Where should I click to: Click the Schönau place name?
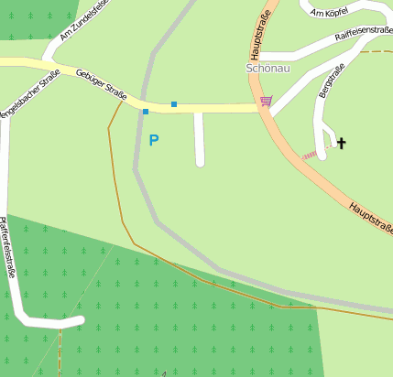click(267, 68)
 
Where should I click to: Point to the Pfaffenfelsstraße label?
click(8, 248)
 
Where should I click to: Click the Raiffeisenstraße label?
click(364, 34)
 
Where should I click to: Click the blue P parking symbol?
click(154, 140)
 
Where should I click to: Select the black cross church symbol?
click(342, 143)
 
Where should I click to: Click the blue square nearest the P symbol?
click(145, 112)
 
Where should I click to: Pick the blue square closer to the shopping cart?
click(174, 104)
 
